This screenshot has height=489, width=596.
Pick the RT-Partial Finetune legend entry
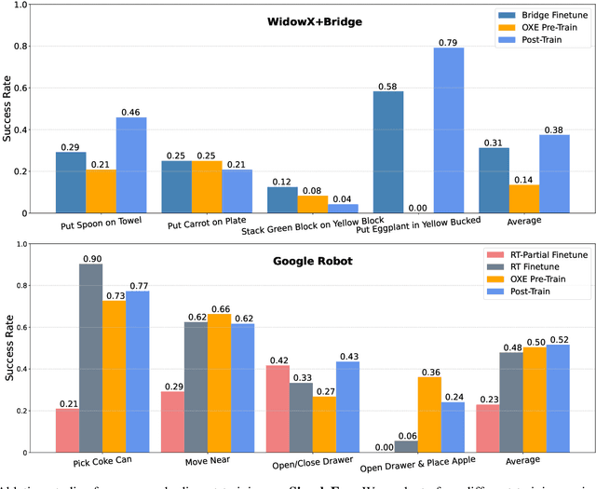pos(545,255)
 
